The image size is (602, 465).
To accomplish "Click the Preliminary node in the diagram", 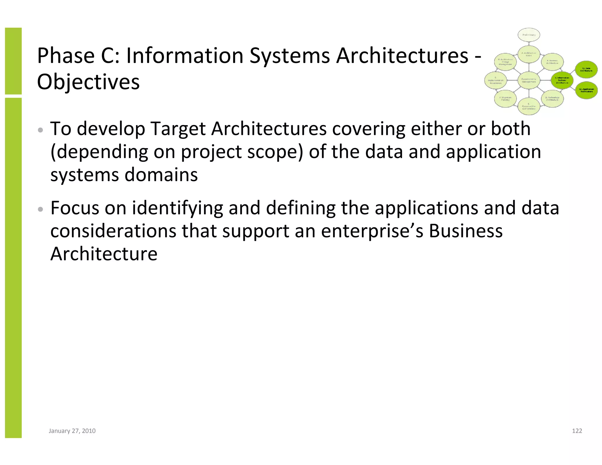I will pos(529,35).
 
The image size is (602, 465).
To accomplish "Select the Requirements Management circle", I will pos(529,80).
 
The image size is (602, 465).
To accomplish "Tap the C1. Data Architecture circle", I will pos(586,70).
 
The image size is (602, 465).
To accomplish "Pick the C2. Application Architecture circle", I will pos(586,90).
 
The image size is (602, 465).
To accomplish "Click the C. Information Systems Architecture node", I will pos(562,80).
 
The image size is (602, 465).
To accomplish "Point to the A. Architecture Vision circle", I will pos(529,54).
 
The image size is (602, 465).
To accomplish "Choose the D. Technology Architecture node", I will pos(552,99).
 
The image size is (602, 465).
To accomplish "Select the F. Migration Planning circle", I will pos(505,99).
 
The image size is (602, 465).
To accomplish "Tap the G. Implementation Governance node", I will pos(495,80).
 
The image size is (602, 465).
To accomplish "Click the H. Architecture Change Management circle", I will pos(505,62).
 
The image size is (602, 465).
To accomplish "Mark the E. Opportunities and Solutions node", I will pos(529,106).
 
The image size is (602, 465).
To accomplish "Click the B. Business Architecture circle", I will pos(552,62).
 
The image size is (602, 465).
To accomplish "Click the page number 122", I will pos(577,431).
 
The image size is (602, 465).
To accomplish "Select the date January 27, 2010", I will pos(72,431).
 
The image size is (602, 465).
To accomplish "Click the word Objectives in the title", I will pos(88,82).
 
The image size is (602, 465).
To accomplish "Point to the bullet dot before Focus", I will pos(41,209).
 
